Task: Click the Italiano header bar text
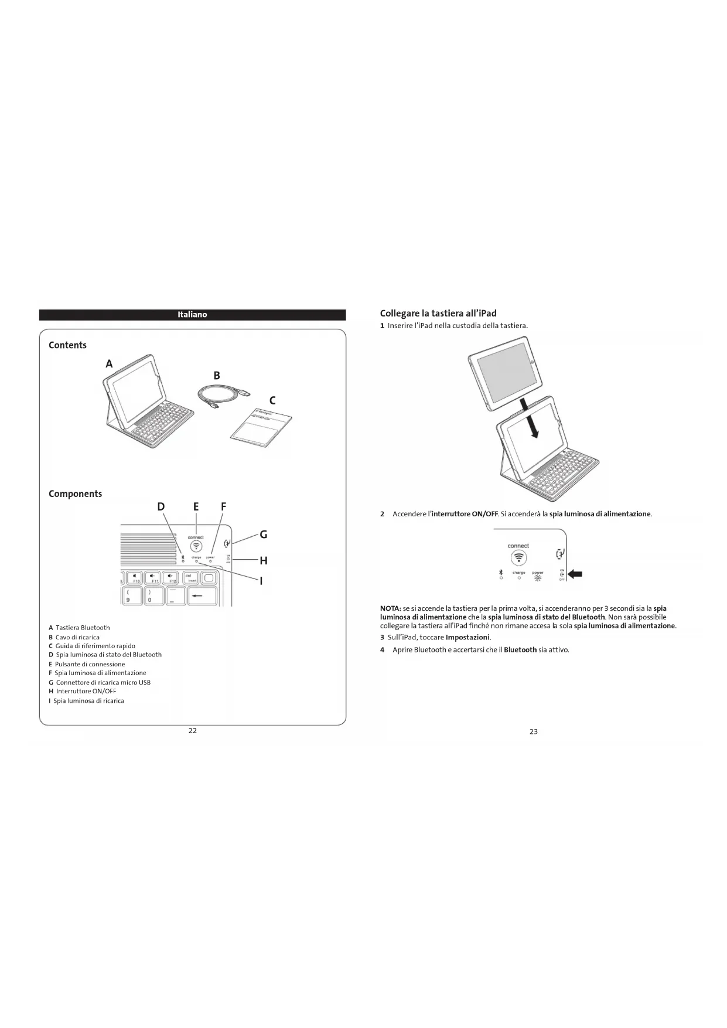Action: (192, 315)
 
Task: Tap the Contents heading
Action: (67, 345)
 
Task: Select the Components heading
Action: (75, 493)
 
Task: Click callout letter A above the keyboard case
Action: (109, 364)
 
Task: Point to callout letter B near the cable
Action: (217, 376)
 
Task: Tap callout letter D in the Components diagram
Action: (161, 507)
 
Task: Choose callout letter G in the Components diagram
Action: (264, 535)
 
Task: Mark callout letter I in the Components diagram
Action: (261, 581)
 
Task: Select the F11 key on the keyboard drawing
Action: (154, 578)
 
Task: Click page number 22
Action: (192, 730)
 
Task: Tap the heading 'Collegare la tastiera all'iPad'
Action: (438, 314)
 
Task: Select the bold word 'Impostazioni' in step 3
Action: (467, 637)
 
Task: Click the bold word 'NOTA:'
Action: (390, 608)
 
